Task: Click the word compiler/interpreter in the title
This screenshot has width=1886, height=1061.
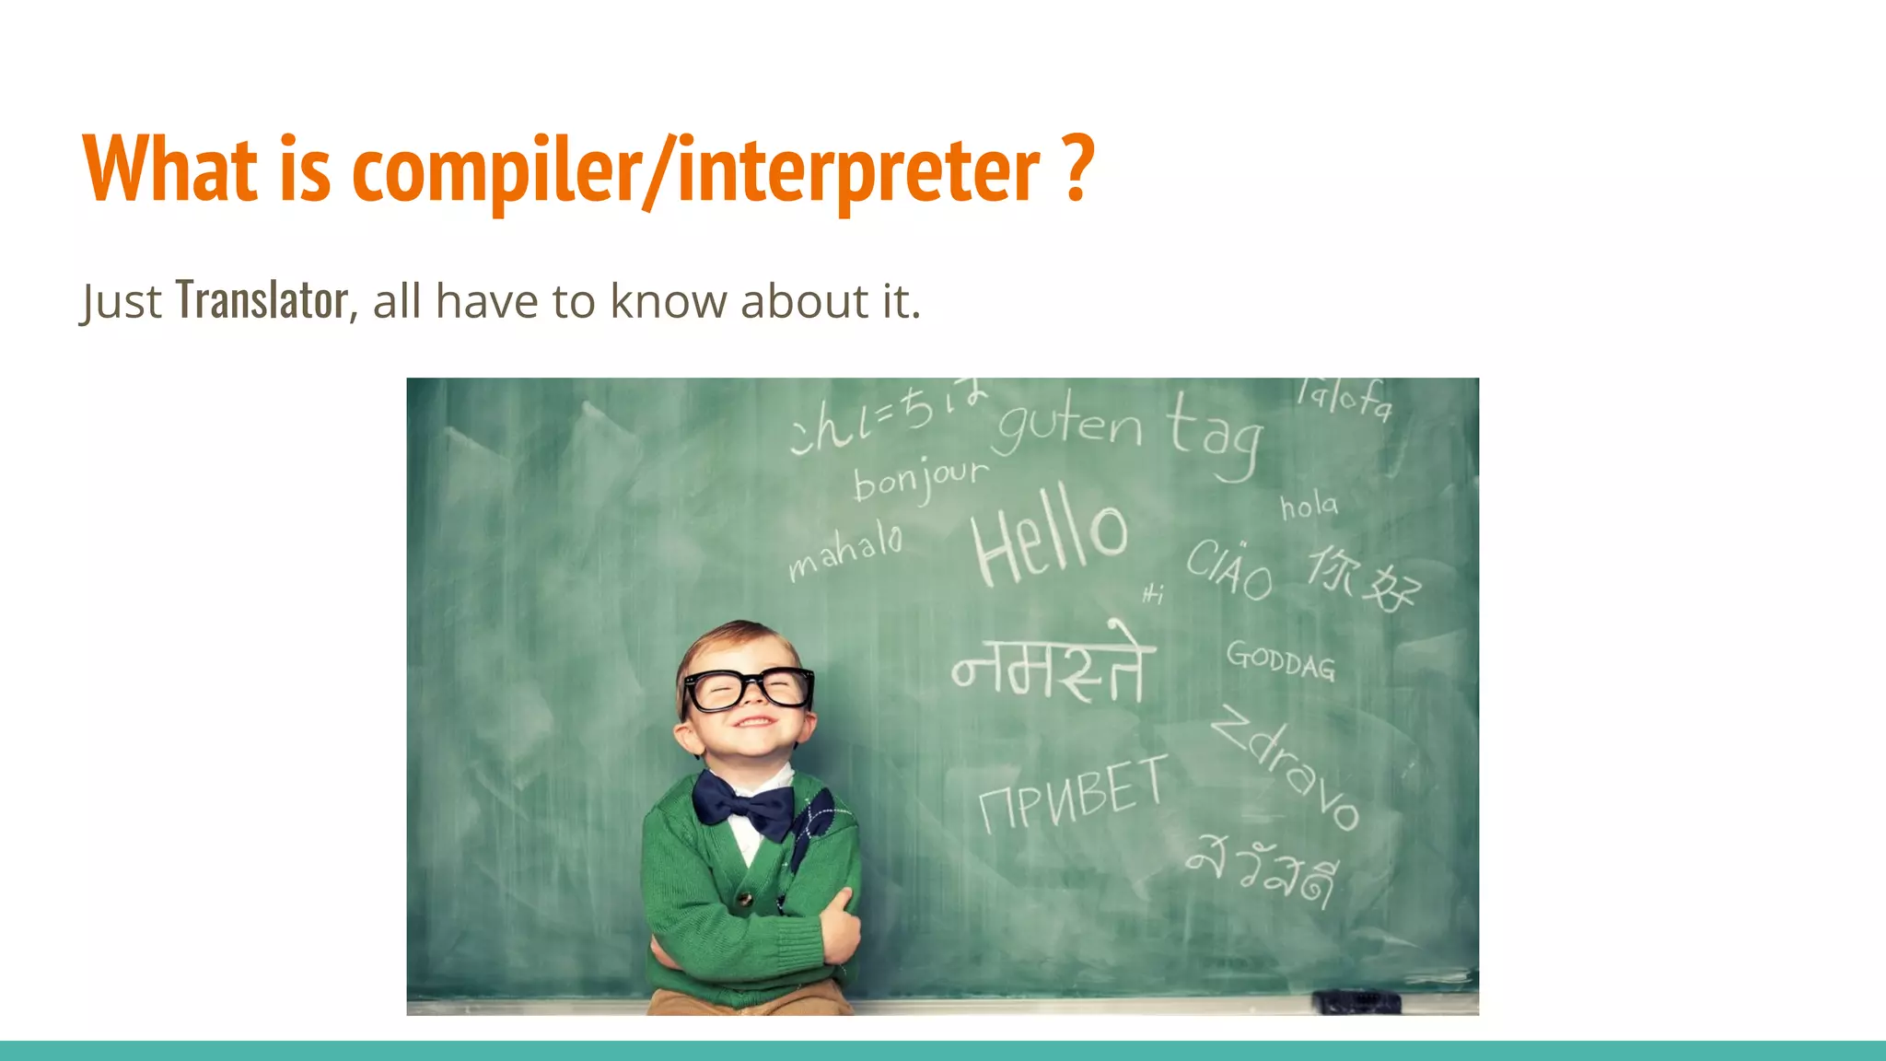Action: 695,170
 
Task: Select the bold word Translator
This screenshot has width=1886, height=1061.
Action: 262,300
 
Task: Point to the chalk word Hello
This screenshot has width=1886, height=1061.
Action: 1049,536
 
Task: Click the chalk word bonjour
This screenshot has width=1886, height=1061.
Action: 920,479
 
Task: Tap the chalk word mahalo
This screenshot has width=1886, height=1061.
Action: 845,550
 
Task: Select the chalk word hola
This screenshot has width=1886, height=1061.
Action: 1309,506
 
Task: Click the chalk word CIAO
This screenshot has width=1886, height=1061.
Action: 1229,570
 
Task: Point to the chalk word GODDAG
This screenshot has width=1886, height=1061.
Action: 1280,660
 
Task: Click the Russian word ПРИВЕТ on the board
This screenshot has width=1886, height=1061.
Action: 1073,794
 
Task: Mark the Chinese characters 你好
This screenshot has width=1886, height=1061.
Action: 1364,578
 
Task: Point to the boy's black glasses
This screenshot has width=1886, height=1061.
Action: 748,687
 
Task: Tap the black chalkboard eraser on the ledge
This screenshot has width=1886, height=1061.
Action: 1356,1000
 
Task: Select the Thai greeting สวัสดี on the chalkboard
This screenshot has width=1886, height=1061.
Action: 1262,870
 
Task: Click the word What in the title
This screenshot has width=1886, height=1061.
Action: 170,170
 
